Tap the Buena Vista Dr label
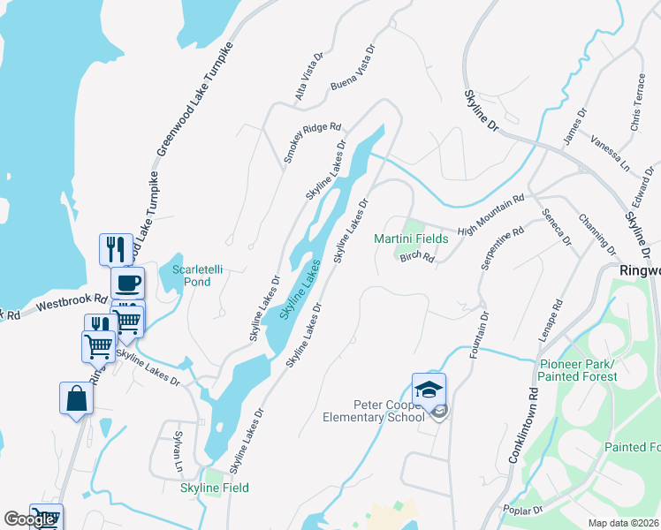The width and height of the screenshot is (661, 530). click(x=353, y=69)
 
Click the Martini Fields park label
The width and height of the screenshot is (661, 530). click(x=412, y=238)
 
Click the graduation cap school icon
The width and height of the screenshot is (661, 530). click(x=429, y=390)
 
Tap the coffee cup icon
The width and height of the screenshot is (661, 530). click(x=127, y=284)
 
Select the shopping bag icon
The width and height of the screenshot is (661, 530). click(x=76, y=397)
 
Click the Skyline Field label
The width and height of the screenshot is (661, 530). click(x=215, y=488)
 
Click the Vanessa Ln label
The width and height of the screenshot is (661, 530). click(x=610, y=154)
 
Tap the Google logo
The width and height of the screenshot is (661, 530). click(x=28, y=519)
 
